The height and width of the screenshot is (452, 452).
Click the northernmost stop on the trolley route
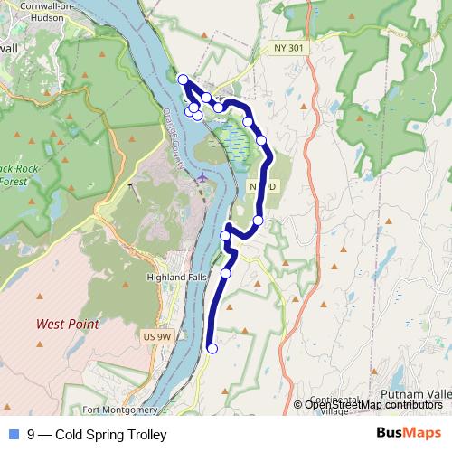pyautogui.click(x=183, y=80)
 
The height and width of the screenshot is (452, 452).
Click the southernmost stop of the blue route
pyautogui.click(x=212, y=348)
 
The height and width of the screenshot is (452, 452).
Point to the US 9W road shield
pyautogui.click(x=155, y=336)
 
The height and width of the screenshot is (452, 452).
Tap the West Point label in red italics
pyautogui.click(x=67, y=324)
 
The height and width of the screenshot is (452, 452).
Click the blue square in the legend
pyautogui.click(x=12, y=434)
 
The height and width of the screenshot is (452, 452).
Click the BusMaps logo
pyautogui.click(x=408, y=433)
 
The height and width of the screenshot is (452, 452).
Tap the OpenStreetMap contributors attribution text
pyautogui.click(x=372, y=405)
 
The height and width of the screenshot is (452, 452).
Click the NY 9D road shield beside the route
pyautogui.click(x=256, y=185)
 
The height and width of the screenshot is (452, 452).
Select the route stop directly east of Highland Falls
pyautogui.click(x=226, y=272)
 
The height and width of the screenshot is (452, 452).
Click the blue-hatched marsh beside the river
pyautogui.click(x=233, y=137)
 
